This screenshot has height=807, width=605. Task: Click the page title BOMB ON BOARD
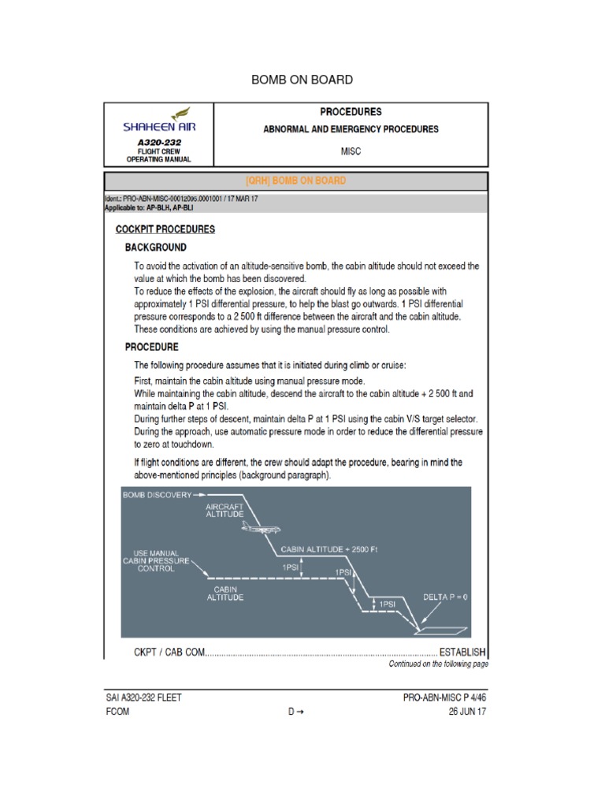point(302,80)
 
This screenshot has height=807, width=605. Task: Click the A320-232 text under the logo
point(158,143)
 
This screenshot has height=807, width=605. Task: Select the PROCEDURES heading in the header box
point(351,112)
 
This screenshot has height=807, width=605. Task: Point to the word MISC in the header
point(351,150)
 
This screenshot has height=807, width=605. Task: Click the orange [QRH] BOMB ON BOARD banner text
point(296,180)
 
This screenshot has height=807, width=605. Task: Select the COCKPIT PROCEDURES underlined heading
point(165,230)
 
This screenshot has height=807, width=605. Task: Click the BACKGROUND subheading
point(156,247)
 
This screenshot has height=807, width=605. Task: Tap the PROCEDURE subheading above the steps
point(152,347)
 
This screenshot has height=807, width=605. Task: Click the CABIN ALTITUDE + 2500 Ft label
point(329,549)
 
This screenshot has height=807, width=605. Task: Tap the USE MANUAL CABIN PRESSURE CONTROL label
point(156,560)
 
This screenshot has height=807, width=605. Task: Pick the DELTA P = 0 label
point(445,597)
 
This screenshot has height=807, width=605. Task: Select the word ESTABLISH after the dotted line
point(462,653)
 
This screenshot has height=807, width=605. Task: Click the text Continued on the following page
point(438,664)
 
